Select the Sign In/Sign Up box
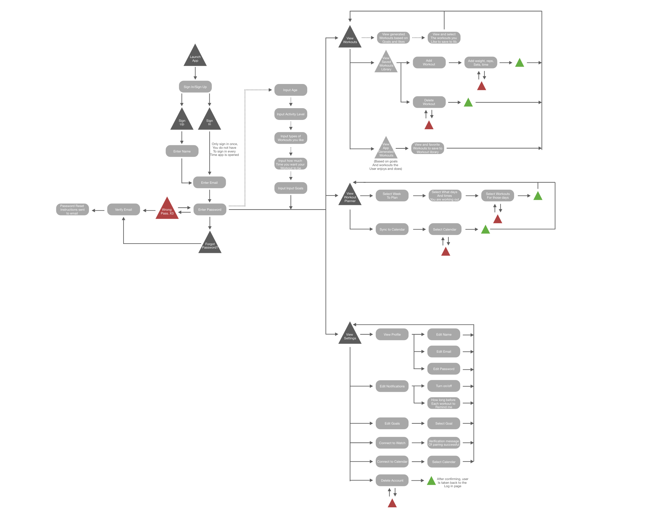(x=195, y=87)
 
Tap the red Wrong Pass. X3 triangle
(x=167, y=210)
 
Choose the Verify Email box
(x=123, y=210)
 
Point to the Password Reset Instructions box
(x=72, y=210)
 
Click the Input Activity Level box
(x=290, y=114)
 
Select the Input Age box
(x=290, y=90)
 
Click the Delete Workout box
(x=429, y=102)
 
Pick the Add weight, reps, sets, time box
(x=481, y=63)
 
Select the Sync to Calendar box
(x=392, y=229)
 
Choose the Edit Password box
(x=443, y=369)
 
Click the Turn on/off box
(x=443, y=386)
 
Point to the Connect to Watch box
(x=392, y=443)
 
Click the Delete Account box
(x=392, y=480)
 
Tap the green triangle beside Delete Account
(x=431, y=481)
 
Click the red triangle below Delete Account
(x=392, y=504)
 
